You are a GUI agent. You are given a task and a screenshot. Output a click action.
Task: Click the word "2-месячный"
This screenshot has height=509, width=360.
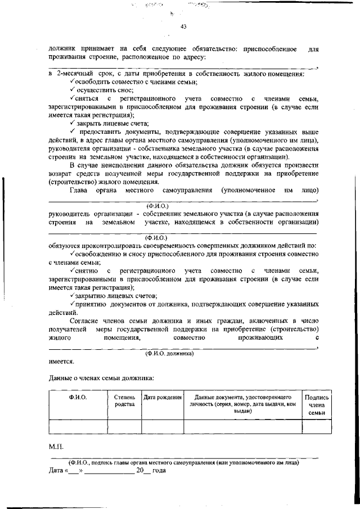74,74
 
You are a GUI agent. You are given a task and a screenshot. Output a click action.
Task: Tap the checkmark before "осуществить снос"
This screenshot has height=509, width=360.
73,90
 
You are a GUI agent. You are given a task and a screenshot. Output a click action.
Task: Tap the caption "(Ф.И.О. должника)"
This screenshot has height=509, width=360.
169,354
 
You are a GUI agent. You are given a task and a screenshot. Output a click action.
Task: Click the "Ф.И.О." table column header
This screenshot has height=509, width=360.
78,397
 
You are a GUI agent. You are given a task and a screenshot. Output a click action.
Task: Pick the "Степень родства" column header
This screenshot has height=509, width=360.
124,400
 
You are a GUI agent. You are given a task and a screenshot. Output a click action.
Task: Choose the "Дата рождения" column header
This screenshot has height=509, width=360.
163,397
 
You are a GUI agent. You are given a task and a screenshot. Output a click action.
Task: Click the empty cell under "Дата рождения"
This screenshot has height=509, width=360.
163,427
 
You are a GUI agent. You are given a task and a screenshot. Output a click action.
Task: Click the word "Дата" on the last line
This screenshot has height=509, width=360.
57,470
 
